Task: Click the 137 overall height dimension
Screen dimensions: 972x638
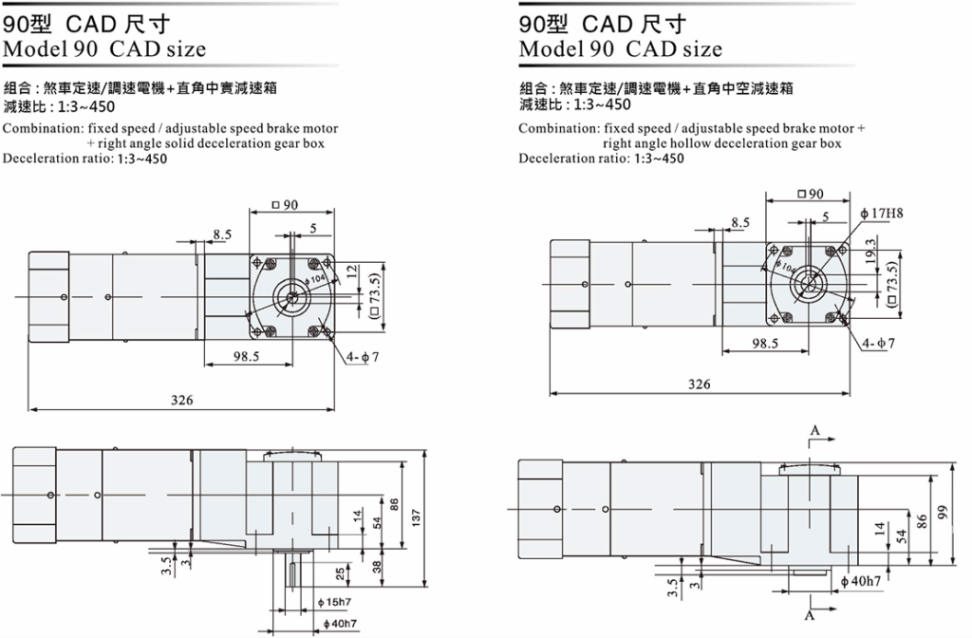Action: [416, 516]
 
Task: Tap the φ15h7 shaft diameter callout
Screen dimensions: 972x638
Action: [334, 602]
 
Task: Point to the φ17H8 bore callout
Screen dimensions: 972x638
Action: [882, 214]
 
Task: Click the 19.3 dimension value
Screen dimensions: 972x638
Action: [871, 251]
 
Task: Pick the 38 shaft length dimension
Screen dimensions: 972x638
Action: [378, 566]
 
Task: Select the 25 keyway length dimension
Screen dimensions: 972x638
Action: [341, 574]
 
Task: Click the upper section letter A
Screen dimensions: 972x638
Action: [815, 430]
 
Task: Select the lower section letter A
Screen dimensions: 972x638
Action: [810, 615]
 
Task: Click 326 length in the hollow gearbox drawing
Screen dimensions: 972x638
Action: [700, 385]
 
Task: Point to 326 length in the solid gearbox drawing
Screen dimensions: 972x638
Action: [182, 400]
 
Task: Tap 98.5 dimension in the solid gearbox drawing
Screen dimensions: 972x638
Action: [246, 357]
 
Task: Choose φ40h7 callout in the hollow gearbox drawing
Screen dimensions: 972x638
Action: [861, 582]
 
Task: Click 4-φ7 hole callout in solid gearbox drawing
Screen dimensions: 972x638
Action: [363, 357]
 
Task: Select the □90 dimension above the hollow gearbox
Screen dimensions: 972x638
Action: [811, 194]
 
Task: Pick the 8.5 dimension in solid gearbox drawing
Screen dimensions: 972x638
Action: [222, 235]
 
